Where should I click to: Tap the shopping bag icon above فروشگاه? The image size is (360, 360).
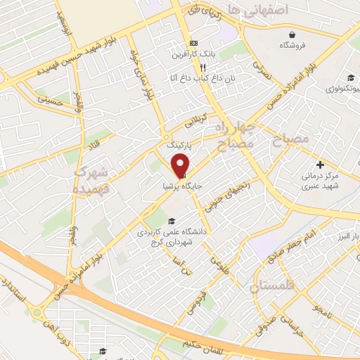pos(292,34)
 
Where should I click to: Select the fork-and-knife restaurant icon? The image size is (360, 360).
pos(184,65)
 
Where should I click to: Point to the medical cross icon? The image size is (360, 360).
pos(321,163)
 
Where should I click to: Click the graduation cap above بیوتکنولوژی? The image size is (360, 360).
pos(349,78)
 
